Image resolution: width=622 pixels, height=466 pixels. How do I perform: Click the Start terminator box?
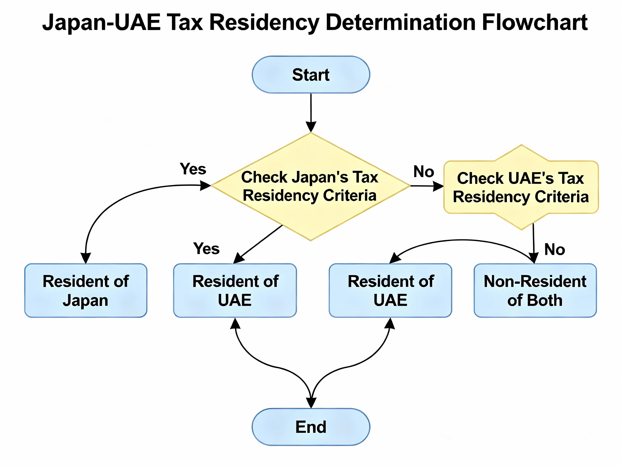click(x=311, y=75)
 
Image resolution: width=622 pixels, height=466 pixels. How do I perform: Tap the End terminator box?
click(x=311, y=427)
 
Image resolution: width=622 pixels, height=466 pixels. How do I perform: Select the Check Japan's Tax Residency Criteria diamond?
click(x=310, y=187)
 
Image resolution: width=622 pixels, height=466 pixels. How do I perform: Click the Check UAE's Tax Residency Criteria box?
click(x=521, y=187)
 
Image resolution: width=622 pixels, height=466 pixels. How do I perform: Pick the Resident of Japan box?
click(x=86, y=290)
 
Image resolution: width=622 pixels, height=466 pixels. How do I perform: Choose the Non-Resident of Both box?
click(x=535, y=290)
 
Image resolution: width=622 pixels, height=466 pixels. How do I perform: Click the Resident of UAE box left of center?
click(x=235, y=290)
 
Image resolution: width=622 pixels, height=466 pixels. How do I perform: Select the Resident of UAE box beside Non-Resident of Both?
click(x=390, y=290)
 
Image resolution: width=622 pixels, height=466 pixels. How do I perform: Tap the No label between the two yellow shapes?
click(x=424, y=171)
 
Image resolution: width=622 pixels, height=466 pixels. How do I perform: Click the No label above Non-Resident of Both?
click(x=555, y=249)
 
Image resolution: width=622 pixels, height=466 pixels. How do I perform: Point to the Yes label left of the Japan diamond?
click(x=193, y=169)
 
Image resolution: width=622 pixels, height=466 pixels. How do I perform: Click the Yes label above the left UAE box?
click(x=206, y=249)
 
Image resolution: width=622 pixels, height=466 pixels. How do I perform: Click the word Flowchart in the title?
click(x=534, y=22)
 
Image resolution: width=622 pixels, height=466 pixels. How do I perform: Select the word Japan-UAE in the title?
click(x=101, y=22)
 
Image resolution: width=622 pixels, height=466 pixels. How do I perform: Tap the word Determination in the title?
click(x=401, y=22)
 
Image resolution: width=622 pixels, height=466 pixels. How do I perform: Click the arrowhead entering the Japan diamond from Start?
click(x=311, y=127)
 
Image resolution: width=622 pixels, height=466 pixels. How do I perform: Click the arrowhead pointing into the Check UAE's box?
click(x=438, y=186)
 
